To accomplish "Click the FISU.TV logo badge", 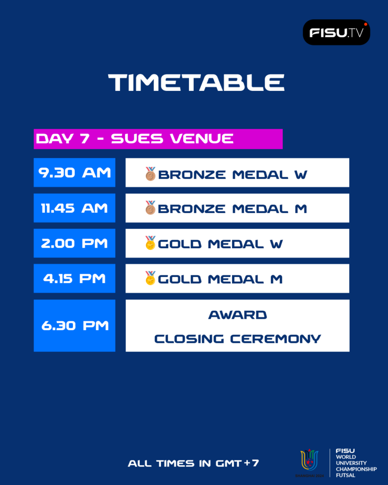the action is tap(336, 32).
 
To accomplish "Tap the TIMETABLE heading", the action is tap(196, 82).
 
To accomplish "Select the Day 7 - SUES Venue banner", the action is tap(158, 139).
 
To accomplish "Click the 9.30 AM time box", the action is tap(74, 172).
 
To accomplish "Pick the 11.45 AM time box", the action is tap(74, 208).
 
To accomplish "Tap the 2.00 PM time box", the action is tap(74, 243).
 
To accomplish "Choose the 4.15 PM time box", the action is tap(74, 278).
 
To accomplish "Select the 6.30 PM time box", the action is tap(74, 325).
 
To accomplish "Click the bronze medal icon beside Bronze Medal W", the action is tap(150, 174).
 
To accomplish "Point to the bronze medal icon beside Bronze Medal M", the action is tap(150, 207).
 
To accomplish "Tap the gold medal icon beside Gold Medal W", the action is tap(150, 243).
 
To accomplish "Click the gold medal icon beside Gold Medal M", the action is tap(150, 278).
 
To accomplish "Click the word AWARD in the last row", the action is tap(238, 315).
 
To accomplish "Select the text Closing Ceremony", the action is tap(238, 339).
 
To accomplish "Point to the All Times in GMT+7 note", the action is tap(193, 463).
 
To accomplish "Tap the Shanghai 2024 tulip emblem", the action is tap(309, 460).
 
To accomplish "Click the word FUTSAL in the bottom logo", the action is tap(346, 475).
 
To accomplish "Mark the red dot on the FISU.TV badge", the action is tap(365, 24).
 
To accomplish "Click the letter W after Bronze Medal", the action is tap(301, 175).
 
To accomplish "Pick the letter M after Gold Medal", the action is tap(276, 279).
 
